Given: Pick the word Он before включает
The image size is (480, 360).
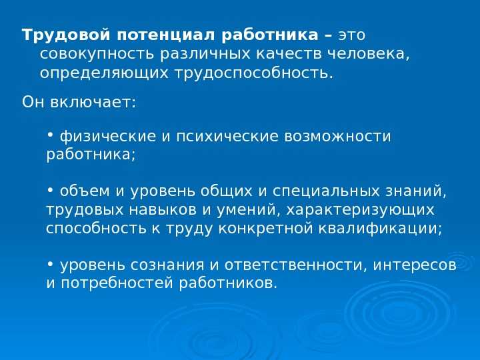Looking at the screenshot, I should (31, 102).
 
